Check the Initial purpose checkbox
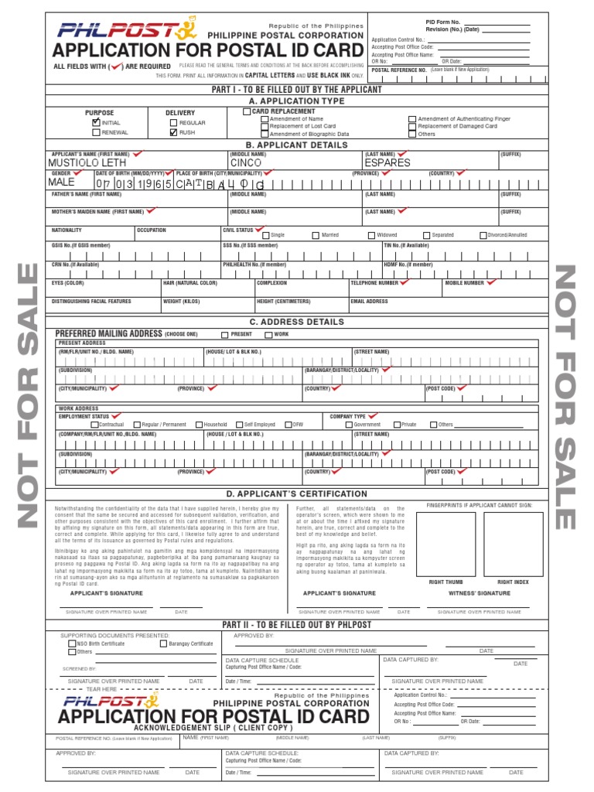(96, 122)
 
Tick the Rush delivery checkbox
(173, 132)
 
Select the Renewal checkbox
(96, 132)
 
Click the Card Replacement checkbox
(247, 111)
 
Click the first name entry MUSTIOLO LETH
(87, 163)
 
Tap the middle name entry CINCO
(247, 163)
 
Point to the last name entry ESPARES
(387, 163)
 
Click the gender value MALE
(62, 183)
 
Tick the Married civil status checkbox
(316, 235)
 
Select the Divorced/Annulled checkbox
(483, 235)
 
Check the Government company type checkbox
(350, 425)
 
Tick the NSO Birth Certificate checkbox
(73, 643)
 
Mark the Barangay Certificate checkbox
(163, 643)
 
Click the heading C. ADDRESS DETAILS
(296, 322)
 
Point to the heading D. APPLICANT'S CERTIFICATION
(296, 493)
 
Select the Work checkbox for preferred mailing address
(268, 335)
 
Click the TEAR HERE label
(101, 689)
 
